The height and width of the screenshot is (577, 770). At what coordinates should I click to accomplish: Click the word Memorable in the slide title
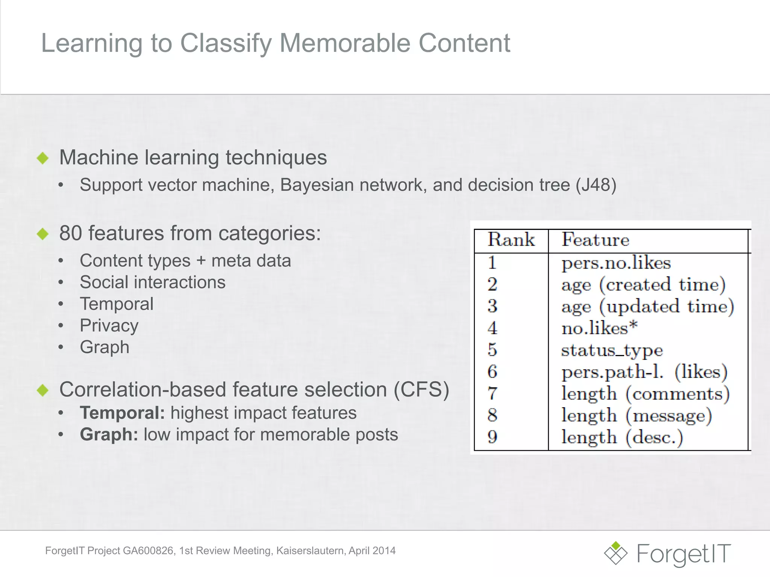tap(345, 43)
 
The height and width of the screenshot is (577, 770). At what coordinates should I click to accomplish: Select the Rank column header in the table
tap(511, 240)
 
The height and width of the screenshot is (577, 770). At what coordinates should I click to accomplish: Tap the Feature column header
tap(595, 240)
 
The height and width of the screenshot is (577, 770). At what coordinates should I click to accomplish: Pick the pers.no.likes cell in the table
tap(616, 263)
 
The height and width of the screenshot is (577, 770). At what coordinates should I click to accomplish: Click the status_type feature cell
tap(612, 350)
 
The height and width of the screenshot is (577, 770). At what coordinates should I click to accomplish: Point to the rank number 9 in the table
tap(492, 437)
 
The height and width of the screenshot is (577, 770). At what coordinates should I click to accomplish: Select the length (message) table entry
tap(637, 415)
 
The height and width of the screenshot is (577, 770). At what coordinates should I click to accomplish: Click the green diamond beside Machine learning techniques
tap(43, 158)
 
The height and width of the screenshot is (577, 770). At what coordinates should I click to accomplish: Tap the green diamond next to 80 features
tap(43, 234)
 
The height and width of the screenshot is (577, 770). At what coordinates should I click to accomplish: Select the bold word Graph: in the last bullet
tap(109, 435)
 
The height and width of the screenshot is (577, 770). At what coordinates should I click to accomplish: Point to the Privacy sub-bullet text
tap(109, 325)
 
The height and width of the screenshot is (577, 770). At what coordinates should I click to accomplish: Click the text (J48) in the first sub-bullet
tap(596, 185)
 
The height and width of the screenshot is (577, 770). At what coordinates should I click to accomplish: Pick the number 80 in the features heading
tap(71, 233)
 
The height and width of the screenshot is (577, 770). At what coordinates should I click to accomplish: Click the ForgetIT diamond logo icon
tap(615, 553)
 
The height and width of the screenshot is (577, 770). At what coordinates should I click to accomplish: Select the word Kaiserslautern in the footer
tap(310, 551)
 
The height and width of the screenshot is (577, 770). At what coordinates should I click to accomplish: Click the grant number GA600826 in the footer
tap(148, 551)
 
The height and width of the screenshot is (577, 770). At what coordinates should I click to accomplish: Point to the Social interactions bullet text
tap(152, 282)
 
